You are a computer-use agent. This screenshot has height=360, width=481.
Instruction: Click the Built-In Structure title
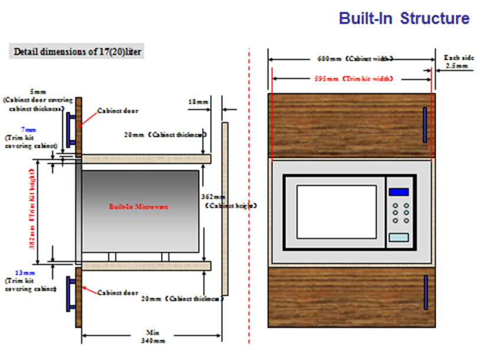coord(404,18)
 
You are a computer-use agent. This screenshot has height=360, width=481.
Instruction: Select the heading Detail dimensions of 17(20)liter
coord(77,51)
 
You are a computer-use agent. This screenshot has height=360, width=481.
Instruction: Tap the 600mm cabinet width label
coord(352,59)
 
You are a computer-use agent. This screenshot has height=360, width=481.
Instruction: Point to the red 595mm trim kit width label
coord(352,78)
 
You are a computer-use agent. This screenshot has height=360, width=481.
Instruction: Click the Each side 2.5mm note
coord(457,62)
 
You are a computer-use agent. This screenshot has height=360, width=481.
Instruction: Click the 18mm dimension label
coord(198,102)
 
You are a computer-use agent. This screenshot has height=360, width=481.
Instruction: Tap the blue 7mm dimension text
coord(24,128)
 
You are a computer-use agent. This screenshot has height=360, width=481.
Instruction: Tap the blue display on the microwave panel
coord(398,192)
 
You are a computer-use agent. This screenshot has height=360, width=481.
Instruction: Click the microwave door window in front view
coord(336,212)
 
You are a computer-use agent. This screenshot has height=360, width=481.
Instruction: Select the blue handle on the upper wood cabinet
coord(424,125)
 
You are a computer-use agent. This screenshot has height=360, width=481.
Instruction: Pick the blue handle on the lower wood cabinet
coord(425,292)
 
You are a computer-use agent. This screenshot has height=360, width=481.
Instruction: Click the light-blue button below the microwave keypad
coord(398,237)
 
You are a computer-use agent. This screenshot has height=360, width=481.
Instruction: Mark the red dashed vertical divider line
coord(249,195)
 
